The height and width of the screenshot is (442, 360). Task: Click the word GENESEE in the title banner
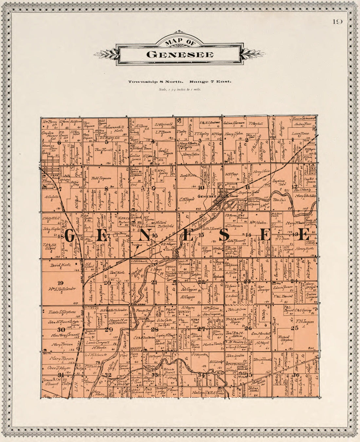180,54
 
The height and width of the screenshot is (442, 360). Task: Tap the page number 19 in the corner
337,22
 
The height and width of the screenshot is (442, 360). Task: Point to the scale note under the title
180,89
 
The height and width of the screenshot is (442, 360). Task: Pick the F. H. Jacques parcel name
305,322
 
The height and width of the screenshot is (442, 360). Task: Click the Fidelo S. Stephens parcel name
62,312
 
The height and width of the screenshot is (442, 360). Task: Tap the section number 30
60,329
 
